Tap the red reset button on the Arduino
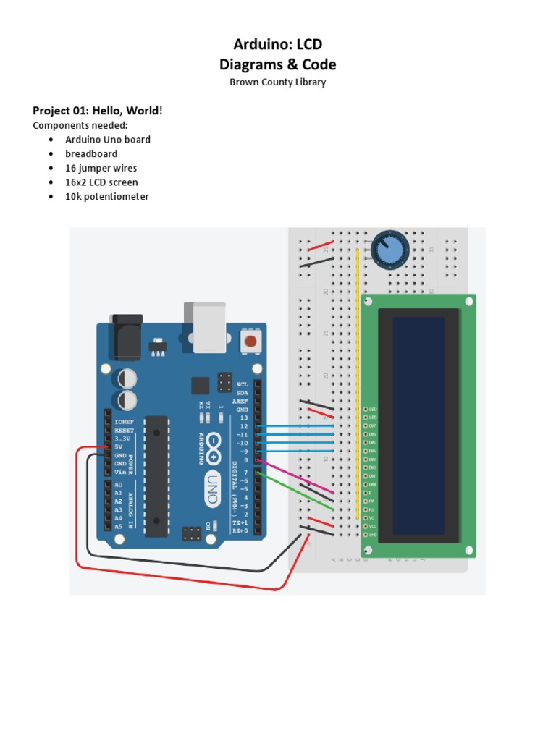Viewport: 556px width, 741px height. pos(250,340)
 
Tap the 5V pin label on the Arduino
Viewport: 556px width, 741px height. pos(119,447)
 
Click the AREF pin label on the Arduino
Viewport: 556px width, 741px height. pos(242,401)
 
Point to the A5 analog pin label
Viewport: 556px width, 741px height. pos(118,526)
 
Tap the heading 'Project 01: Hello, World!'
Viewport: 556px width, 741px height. pos(98,110)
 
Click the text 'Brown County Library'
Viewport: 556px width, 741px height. pos(277,82)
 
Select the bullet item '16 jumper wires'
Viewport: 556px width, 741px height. pos(101,168)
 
